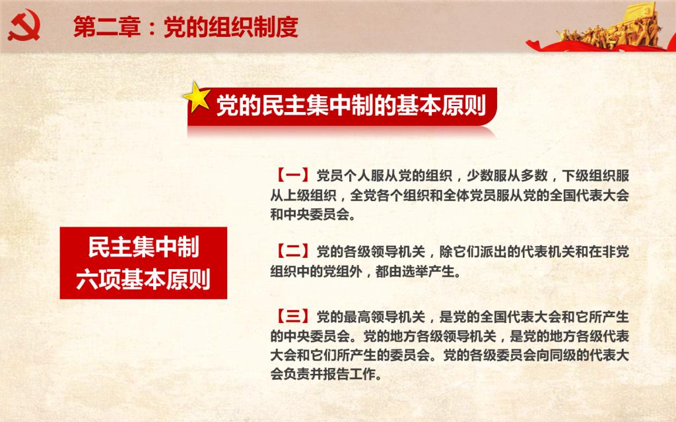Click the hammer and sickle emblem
tap(24, 25)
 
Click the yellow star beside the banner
tap(197, 97)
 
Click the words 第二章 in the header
tap(107, 27)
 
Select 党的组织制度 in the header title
tap(231, 27)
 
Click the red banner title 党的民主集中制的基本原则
tap(351, 105)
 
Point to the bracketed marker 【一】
tap(292, 175)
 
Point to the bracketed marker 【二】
tap(292, 251)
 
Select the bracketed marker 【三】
tap(292, 317)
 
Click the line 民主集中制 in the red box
tap(143, 247)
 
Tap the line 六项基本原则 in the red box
tap(143, 279)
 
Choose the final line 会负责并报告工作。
tap(327, 374)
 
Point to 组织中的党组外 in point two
tap(316, 271)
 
